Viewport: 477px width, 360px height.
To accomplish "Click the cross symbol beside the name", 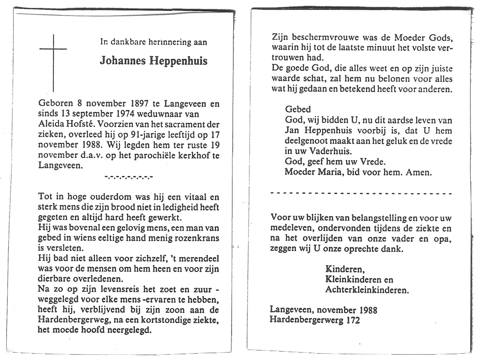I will point(53,57).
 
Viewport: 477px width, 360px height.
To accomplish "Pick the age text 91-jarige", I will point(144,135).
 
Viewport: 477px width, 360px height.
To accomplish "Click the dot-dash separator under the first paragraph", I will point(129,177).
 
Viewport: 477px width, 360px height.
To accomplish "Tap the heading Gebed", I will point(298,109).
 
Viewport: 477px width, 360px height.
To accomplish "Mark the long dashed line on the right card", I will point(361,193).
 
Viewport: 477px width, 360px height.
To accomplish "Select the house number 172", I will point(353,320).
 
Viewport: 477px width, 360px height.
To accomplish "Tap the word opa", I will point(443,239).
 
